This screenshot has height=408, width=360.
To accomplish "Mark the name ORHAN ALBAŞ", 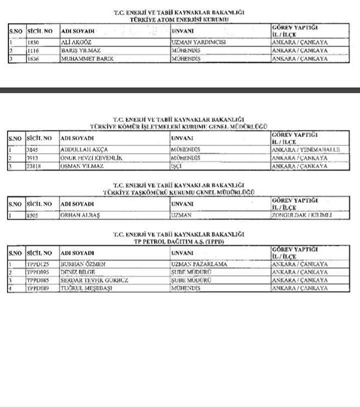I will coord(80,216).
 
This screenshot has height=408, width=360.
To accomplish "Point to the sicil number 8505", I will coord(33,216).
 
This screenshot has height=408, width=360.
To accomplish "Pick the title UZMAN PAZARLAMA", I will coord(196,265).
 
